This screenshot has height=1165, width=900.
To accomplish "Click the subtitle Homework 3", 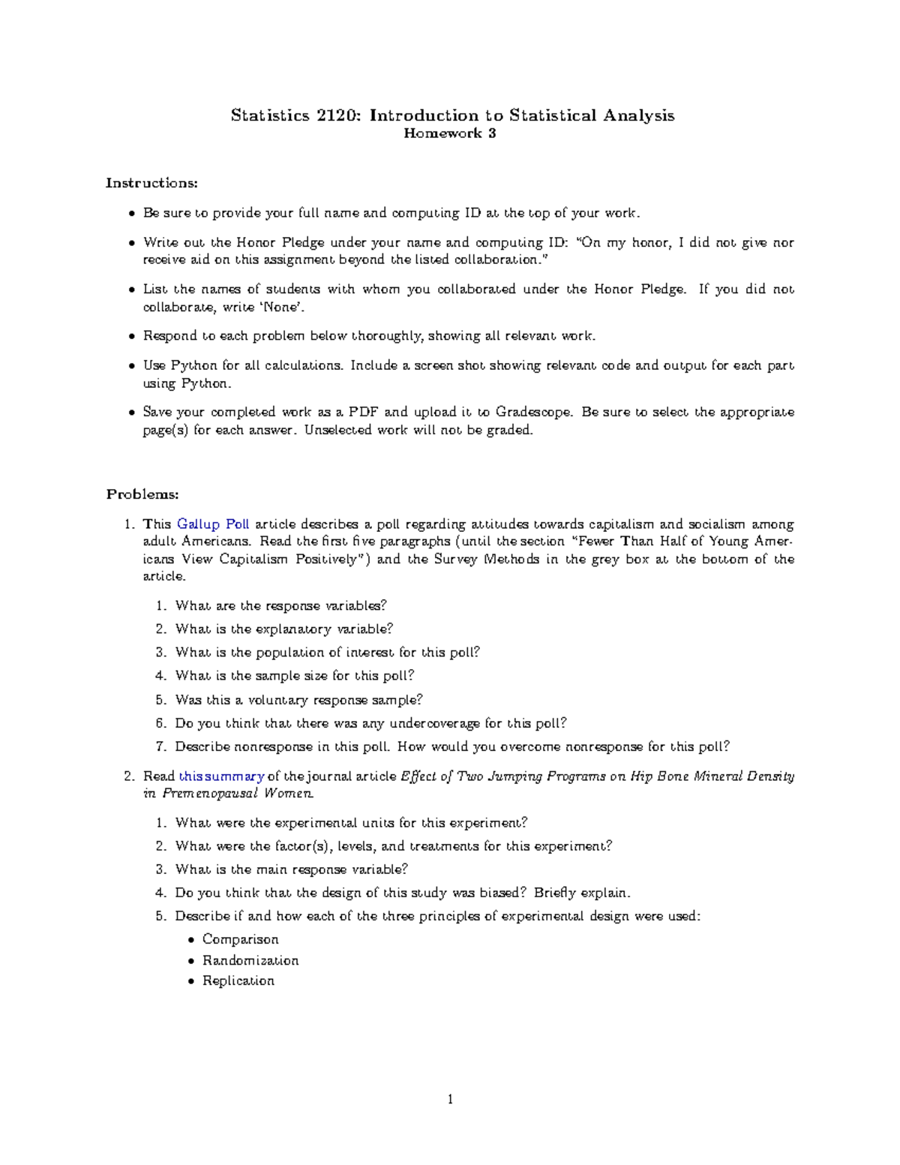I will (450, 134).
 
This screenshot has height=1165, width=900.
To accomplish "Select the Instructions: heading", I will (152, 183).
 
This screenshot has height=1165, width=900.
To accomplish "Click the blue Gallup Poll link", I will (213, 524).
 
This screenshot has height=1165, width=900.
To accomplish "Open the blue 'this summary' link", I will (221, 776).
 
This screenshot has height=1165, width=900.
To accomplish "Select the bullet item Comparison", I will (240, 939).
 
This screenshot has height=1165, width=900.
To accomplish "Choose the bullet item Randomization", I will (250, 960).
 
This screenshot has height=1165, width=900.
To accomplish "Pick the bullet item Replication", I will (238, 980).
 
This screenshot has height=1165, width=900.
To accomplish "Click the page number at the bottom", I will (450, 1100).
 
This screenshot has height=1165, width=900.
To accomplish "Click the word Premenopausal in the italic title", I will (210, 794).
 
